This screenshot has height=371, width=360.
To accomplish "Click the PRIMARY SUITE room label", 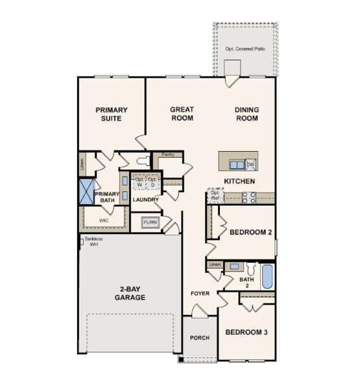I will coord(112,114).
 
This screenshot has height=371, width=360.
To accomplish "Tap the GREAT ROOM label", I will coord(182,114).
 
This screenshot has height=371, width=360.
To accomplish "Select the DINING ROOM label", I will coord(246,114).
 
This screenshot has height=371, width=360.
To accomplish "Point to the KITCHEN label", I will coord(239,181).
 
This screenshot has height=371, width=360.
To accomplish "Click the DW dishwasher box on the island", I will coord(250,164).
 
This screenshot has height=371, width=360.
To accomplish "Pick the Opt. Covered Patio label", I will coord(246,49).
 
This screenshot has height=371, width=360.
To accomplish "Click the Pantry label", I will coord(168,154).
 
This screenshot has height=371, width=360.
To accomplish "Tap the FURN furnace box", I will coord(150,222).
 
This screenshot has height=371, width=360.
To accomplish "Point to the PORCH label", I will coord(199,338).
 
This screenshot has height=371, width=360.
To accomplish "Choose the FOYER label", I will coord(200,293).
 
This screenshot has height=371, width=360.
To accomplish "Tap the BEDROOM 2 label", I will coord(251,232).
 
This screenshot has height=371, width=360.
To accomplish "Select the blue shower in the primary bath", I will coord(86,191).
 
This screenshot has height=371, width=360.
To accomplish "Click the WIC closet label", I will coord(104,221).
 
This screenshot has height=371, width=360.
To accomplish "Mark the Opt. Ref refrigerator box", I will coord(215,195).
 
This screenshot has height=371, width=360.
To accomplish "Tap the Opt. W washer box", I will coord(139,182).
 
